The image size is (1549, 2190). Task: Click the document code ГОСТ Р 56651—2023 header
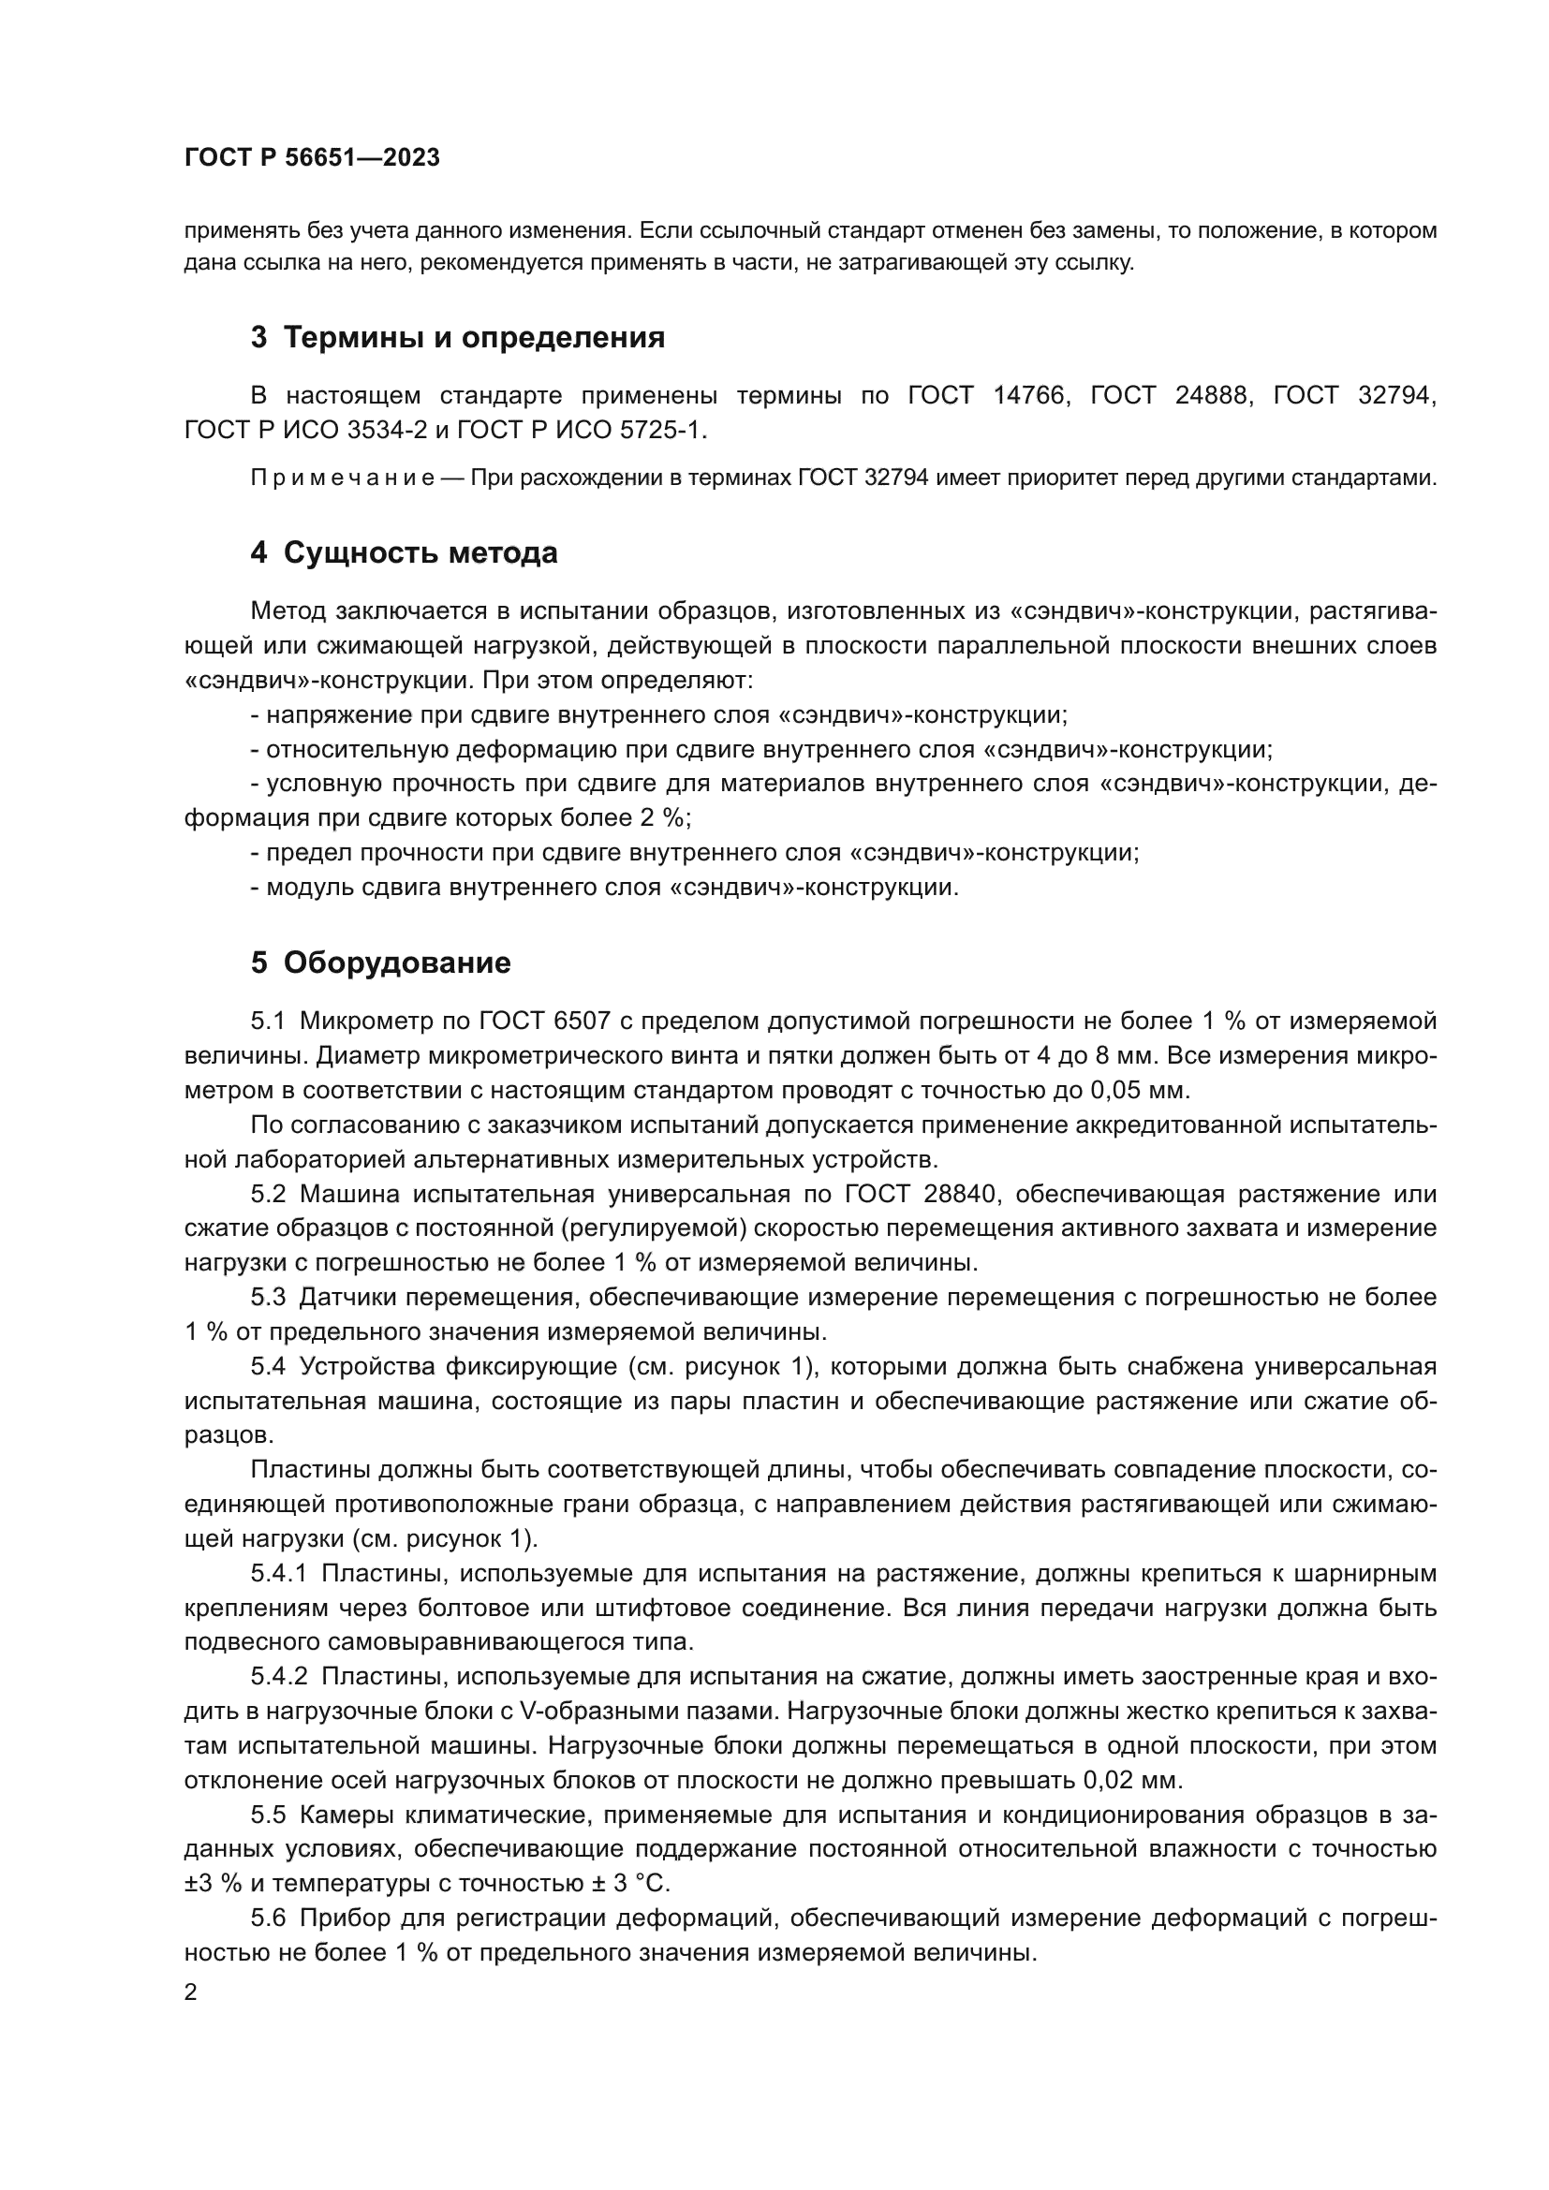point(312,158)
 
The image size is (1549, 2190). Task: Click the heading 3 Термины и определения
point(457,338)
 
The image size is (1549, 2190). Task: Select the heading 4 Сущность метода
point(404,553)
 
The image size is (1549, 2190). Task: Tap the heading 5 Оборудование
point(379,963)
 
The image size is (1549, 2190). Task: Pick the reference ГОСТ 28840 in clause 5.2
point(920,1195)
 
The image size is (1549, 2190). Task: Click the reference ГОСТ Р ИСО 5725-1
point(580,430)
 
